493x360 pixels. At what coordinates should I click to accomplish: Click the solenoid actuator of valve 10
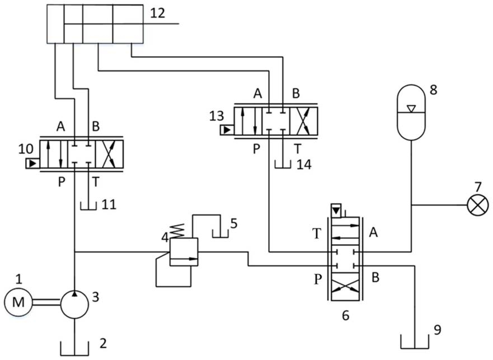tap(32, 163)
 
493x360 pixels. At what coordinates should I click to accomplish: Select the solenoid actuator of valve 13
tap(227, 130)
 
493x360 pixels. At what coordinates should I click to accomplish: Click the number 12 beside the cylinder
tap(157, 13)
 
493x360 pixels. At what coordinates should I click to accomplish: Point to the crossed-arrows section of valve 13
tap(303, 121)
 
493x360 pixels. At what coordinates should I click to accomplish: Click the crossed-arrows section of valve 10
tap(109, 154)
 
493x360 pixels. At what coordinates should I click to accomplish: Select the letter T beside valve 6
tap(317, 234)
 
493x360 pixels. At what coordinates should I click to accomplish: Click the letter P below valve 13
tap(257, 149)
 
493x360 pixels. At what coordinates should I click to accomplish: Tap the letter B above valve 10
tap(96, 126)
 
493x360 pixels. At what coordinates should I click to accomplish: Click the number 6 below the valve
tap(345, 315)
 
